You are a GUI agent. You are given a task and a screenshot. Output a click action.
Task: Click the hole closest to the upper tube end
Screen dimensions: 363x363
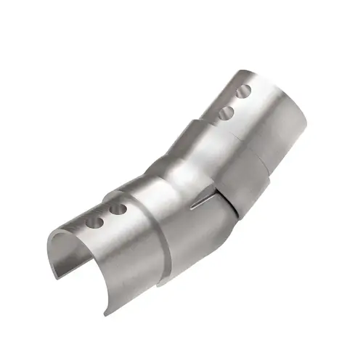[245, 91]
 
